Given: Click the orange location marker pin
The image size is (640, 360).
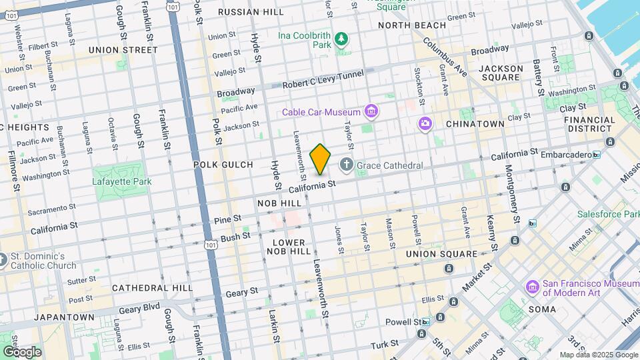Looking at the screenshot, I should click(x=320, y=159).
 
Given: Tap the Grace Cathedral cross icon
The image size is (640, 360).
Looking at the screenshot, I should click(x=347, y=164).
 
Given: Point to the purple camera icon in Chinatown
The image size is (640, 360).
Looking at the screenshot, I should click(x=425, y=123).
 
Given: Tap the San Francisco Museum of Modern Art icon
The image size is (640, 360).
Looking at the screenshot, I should click(x=532, y=287).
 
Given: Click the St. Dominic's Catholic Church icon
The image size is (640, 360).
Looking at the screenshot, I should click(x=3, y=260).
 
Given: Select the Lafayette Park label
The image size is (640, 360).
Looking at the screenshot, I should click(x=122, y=181).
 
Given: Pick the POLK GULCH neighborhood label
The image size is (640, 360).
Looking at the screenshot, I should click(x=223, y=165).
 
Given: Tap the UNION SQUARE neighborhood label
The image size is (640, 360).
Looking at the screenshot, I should click(x=441, y=254).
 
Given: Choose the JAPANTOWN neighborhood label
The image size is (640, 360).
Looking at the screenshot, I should click(x=64, y=317).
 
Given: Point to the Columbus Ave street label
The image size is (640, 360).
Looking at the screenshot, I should click(x=453, y=62).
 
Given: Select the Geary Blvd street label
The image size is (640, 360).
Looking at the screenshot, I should click(x=139, y=310).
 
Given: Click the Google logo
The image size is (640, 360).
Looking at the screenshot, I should click(x=21, y=351).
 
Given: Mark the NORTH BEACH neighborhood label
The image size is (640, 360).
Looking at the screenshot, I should click(x=411, y=25).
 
